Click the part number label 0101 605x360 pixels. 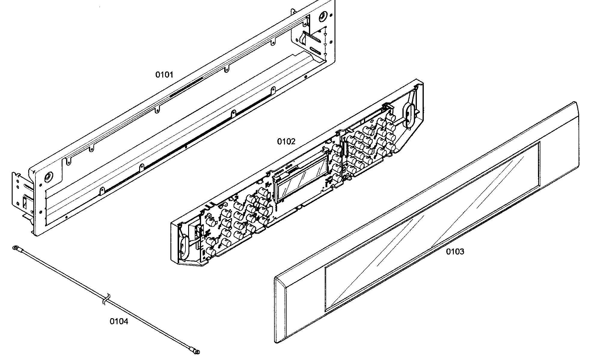(x=164, y=75)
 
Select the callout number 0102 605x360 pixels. (x=286, y=141)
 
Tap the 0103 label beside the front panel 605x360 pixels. (x=455, y=252)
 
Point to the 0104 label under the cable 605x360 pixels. (x=119, y=322)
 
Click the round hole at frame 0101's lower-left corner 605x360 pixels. (x=47, y=177)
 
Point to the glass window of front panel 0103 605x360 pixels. (x=432, y=226)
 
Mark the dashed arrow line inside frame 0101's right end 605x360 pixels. (x=325, y=42)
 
